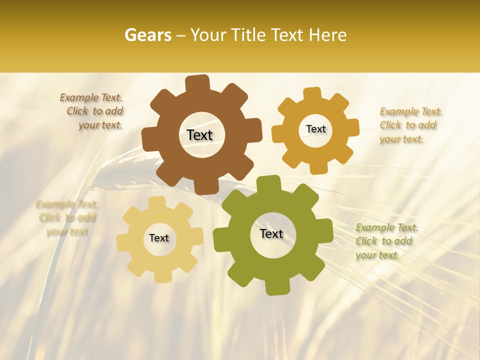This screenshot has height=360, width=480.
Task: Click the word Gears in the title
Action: click(147, 35)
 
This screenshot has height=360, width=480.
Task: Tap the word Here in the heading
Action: click(327, 35)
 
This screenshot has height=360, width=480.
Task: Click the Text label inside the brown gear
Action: click(199, 135)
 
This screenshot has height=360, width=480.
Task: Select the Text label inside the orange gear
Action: click(315, 129)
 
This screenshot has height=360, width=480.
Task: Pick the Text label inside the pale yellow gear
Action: click(159, 238)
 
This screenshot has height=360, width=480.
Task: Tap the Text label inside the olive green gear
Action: click(271, 233)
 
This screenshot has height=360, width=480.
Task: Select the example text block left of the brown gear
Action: click(92, 111)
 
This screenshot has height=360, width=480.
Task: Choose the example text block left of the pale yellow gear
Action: click(67, 217)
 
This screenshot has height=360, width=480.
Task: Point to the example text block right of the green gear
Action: click(386, 241)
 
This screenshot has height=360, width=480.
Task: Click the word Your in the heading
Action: click(207, 35)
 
